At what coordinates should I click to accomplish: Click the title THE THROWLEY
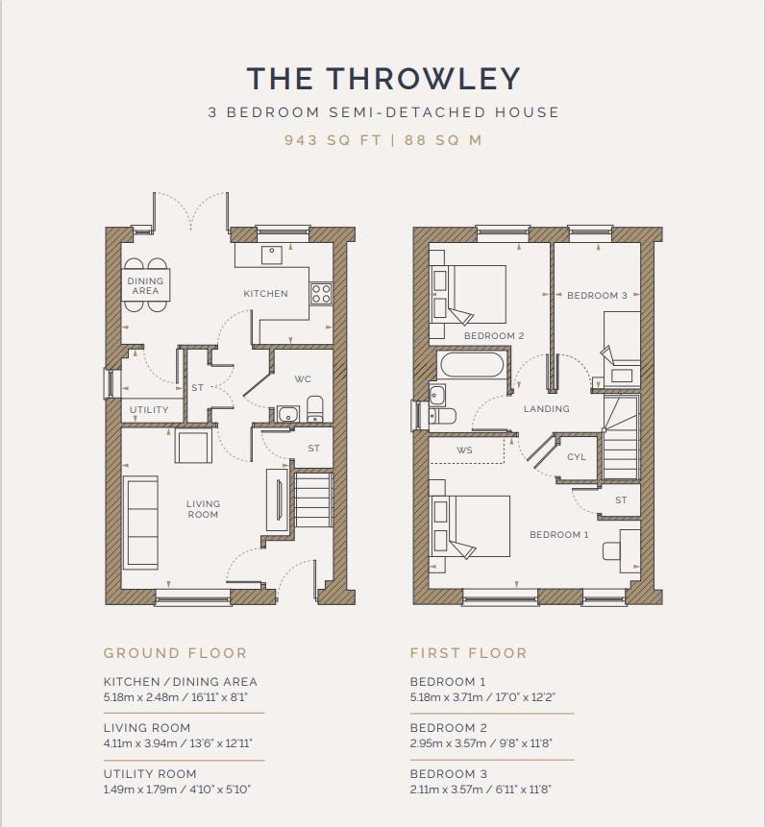[x=383, y=79]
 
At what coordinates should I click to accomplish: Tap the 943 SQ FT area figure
[x=333, y=140]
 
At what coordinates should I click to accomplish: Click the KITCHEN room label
[x=266, y=294]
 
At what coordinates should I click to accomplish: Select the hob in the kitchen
[x=321, y=293]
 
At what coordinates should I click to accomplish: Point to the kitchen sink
[x=272, y=255]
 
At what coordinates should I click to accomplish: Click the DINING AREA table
[x=146, y=285]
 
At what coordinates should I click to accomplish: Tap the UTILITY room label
[x=149, y=410]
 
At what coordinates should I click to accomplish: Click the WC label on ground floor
[x=303, y=378]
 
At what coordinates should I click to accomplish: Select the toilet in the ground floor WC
[x=314, y=409]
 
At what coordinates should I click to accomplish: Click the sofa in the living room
[x=141, y=523]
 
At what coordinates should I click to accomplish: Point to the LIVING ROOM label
[x=203, y=509]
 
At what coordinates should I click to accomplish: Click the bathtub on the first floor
[x=471, y=364]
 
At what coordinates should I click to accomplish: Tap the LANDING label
[x=547, y=409]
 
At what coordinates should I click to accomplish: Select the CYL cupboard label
[x=577, y=457]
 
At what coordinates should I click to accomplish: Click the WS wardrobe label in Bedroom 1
[x=465, y=450]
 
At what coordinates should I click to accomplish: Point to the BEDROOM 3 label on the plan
[x=597, y=296]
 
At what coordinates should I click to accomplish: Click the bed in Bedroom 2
[x=469, y=294]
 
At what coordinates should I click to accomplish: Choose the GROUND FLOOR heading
[x=175, y=653]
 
